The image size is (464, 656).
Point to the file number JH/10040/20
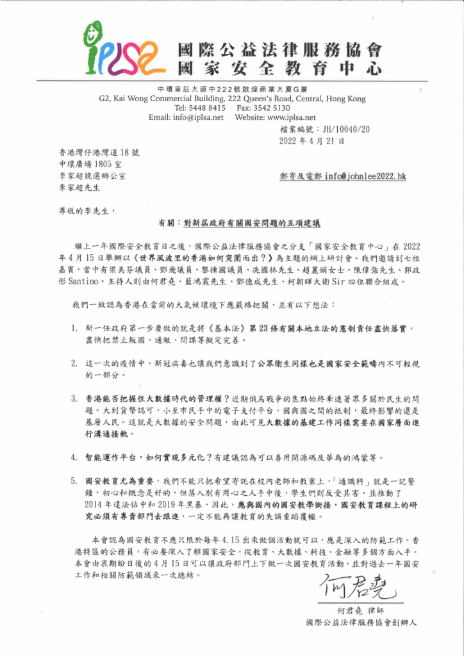(x=346, y=129)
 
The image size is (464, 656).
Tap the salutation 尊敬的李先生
(x=87, y=209)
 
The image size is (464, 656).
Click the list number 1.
(x=74, y=329)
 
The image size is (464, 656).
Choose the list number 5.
(x=74, y=479)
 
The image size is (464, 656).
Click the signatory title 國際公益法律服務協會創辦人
(x=363, y=622)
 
